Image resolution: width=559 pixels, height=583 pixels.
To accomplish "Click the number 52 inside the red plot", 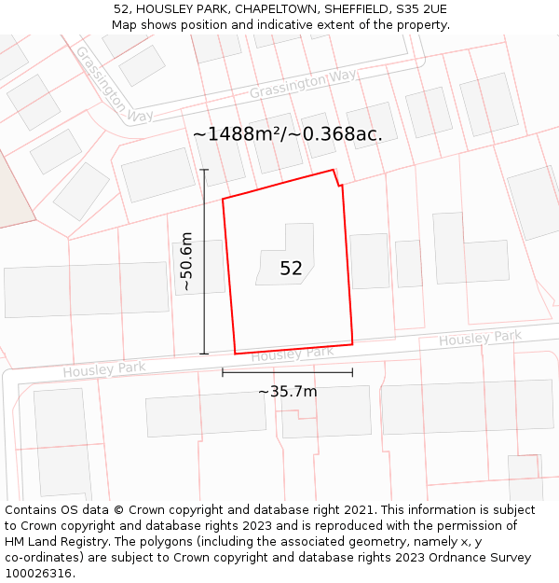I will click(291, 269).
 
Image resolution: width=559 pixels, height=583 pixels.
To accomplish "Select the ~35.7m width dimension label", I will click(287, 391).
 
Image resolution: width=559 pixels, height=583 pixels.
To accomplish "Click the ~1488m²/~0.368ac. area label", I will click(287, 134).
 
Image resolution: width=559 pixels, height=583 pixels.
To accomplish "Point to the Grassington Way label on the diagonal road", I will click(113, 85).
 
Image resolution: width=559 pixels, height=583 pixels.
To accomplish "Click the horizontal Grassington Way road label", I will click(303, 85).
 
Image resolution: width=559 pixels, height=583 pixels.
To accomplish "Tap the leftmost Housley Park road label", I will click(104, 369).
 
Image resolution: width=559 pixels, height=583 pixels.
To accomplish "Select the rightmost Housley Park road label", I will click(481, 338).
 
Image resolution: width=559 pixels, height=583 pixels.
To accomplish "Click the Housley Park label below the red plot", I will click(293, 354).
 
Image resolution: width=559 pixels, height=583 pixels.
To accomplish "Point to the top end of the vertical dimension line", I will click(204, 170).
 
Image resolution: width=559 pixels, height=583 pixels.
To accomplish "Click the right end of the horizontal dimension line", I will click(352, 372).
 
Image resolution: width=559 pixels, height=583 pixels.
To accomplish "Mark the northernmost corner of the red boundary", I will click(334, 170).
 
